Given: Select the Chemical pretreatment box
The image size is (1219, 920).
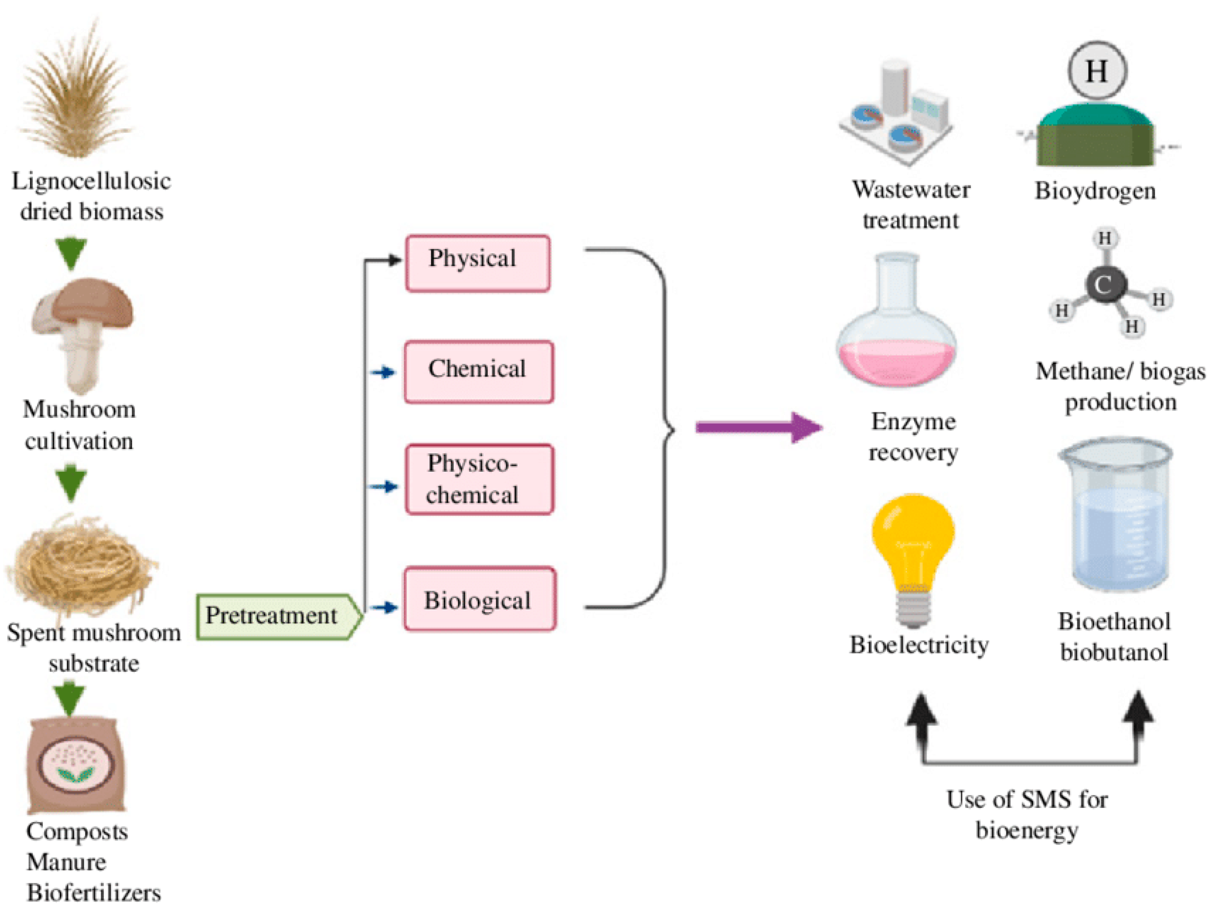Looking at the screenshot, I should (x=478, y=372).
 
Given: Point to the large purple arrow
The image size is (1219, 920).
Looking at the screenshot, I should (x=758, y=427).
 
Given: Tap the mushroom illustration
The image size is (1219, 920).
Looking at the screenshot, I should (x=83, y=331).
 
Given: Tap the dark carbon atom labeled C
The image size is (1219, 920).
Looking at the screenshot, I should (x=1104, y=284).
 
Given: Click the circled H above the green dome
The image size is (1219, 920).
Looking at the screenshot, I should (x=1097, y=70).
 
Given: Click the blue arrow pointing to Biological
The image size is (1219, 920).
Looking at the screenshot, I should (x=384, y=608).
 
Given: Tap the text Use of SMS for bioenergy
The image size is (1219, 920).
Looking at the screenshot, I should (x=1027, y=814).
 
